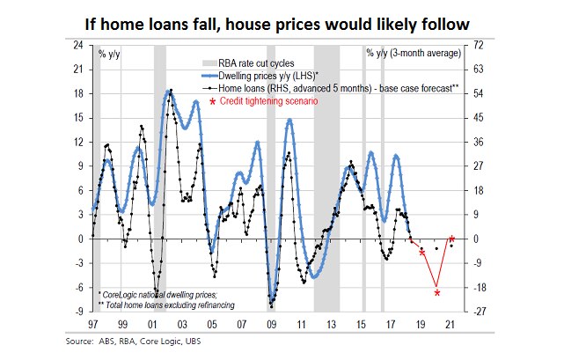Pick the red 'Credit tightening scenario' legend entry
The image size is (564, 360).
(x=260, y=101)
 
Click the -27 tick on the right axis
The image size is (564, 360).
(x=480, y=312)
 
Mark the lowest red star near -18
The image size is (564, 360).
(x=437, y=292)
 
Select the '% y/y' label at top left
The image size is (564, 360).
(x=110, y=55)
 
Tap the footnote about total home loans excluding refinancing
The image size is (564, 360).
(x=160, y=304)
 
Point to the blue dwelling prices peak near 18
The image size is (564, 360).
(x=170, y=92)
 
